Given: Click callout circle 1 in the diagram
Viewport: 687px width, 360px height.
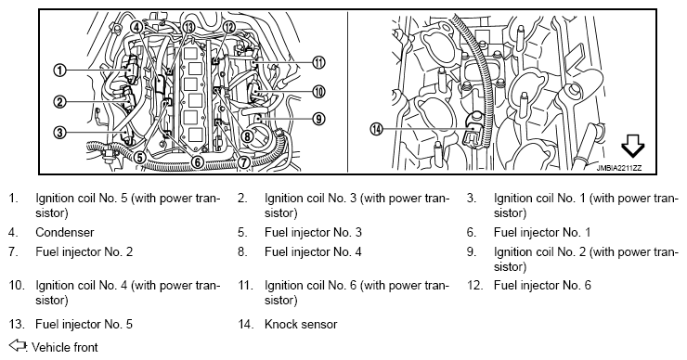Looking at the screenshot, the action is [59, 71].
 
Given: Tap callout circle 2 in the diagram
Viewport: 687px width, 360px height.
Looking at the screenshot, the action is [59, 102].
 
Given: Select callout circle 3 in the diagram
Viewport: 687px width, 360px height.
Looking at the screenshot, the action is [59, 132].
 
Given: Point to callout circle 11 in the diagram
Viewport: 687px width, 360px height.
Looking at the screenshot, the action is [319, 62].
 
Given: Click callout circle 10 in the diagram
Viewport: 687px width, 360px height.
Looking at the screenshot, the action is [319, 92].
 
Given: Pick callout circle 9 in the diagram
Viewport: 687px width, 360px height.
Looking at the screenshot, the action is [319, 118].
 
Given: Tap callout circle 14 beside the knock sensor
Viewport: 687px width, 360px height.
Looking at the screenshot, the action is [376, 129].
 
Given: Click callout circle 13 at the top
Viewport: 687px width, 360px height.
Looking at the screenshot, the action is [188, 27].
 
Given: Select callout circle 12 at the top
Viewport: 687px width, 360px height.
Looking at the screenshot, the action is [229, 27].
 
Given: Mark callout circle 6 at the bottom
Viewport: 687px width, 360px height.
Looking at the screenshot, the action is [198, 162].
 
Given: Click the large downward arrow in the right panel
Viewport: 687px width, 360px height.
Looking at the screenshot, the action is [633, 146].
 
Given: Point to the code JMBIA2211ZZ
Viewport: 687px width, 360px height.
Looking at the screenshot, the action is [618, 168].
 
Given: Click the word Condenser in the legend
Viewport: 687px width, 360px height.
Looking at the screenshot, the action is [64, 232].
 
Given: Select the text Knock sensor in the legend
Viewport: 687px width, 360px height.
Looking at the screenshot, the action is [301, 324].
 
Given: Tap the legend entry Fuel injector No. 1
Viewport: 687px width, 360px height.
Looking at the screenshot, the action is [542, 232].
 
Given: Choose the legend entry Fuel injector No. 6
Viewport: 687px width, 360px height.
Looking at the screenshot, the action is [542, 286].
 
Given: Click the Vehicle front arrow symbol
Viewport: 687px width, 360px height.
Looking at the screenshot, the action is [18, 345].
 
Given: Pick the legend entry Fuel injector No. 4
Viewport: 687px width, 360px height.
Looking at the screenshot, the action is [313, 251].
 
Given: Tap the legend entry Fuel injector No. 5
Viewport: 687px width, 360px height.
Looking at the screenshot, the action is [84, 324].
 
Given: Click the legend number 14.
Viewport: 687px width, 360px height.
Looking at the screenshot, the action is [246, 324].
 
